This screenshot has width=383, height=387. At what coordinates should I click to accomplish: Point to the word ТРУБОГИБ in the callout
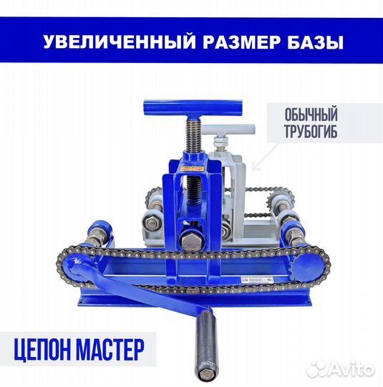(301, 132)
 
